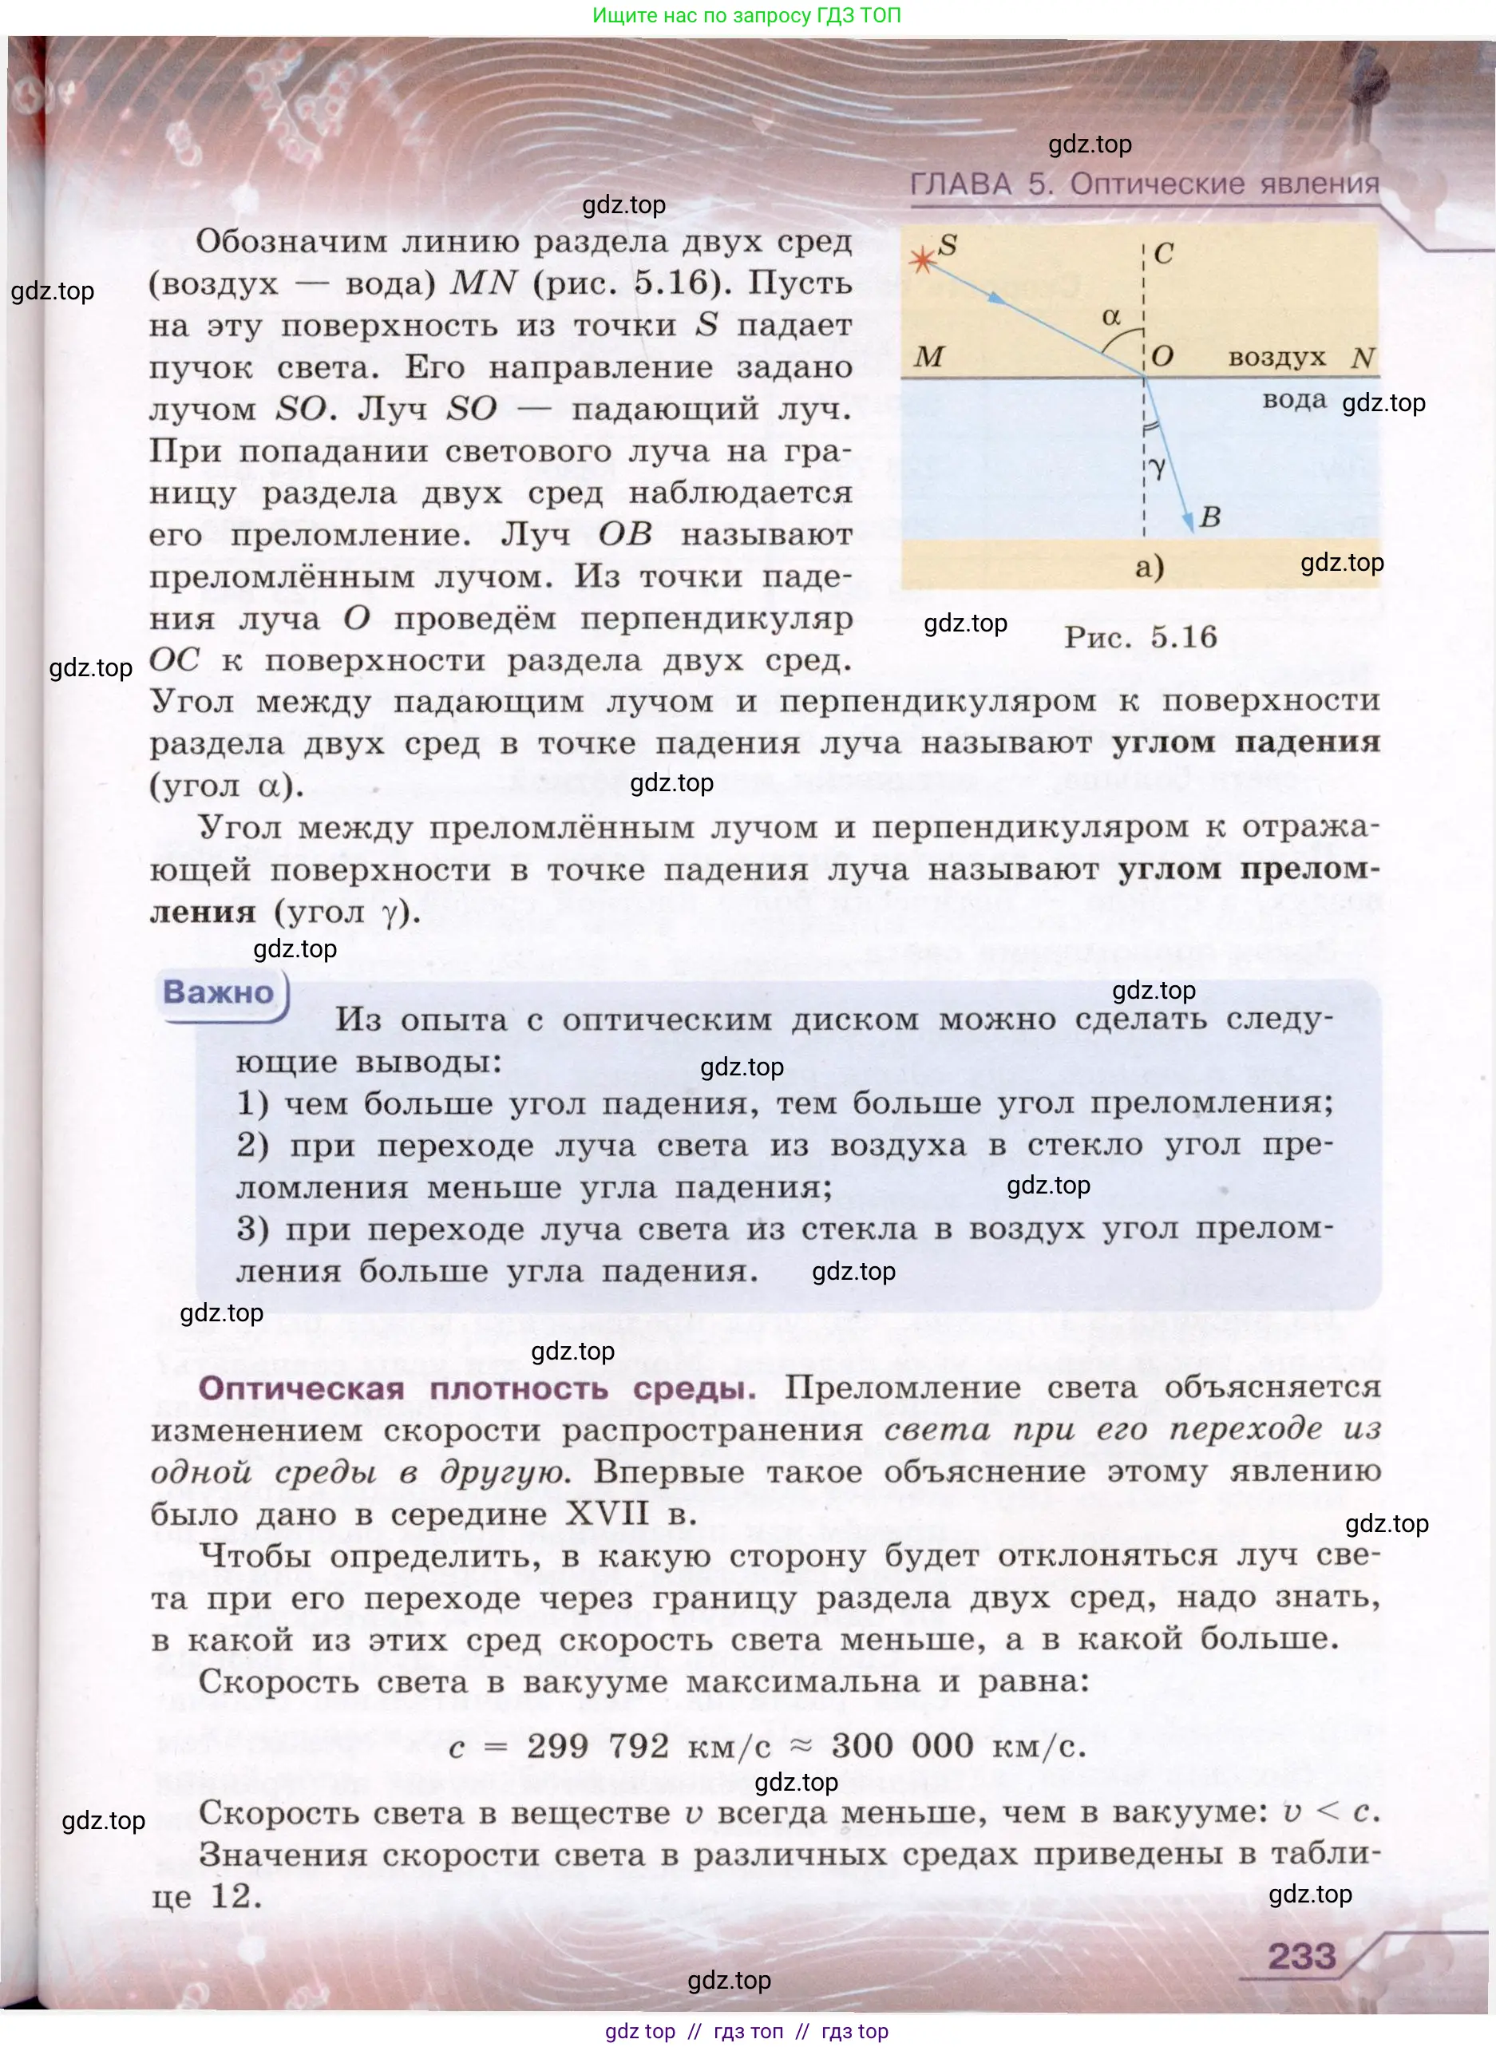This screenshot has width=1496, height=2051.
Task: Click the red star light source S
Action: click(x=922, y=261)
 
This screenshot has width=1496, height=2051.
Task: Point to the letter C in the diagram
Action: click(x=1164, y=254)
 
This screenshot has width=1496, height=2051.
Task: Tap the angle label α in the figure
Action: click(x=1111, y=316)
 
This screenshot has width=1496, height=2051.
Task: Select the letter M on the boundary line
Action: click(x=929, y=357)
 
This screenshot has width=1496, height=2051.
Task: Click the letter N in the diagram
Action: click(x=1363, y=358)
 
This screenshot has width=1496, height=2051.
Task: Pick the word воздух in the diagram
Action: click(x=1276, y=358)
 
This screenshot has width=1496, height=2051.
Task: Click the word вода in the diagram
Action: click(x=1294, y=399)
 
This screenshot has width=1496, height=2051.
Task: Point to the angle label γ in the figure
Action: click(x=1158, y=467)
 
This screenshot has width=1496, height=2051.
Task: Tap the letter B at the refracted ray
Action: click(x=1211, y=518)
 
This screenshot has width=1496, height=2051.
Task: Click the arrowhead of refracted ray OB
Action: click(x=1187, y=525)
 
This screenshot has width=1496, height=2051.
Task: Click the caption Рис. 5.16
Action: click(x=1140, y=636)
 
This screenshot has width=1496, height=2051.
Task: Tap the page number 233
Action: click(x=1301, y=1956)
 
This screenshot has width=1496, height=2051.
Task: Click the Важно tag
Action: click(x=218, y=992)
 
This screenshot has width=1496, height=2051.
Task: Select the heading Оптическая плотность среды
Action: click(x=477, y=1388)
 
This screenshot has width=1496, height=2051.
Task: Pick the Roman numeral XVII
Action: click(x=607, y=1513)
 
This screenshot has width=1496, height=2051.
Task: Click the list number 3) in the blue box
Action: click(x=252, y=1229)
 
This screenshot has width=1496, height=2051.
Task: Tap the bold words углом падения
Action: click(x=1245, y=742)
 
